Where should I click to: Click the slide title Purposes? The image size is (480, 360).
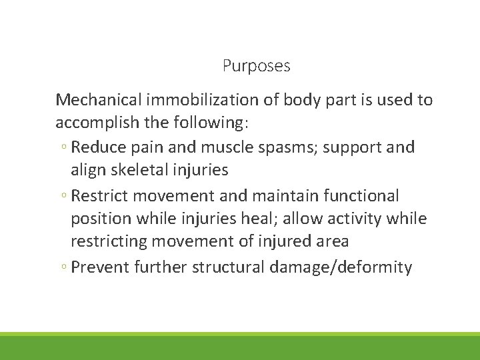[x=256, y=66]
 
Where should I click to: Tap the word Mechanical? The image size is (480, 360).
[x=99, y=100]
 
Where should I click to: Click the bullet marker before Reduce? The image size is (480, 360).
[x=62, y=147]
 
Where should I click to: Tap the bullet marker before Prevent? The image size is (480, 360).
[x=62, y=268]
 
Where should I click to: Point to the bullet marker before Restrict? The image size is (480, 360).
[x=62, y=196]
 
